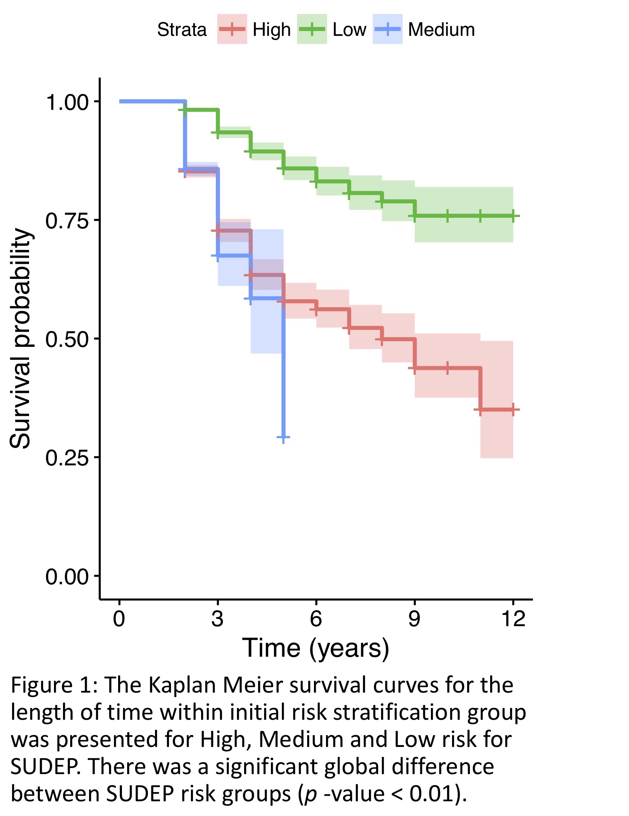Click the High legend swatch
[x=232, y=29]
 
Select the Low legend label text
[x=349, y=29]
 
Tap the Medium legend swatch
[x=388, y=29]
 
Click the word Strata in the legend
[x=182, y=29]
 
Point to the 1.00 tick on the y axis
[x=67, y=102]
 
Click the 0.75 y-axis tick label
[x=67, y=220]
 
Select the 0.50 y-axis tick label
[x=67, y=339]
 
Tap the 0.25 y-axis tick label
[x=67, y=457]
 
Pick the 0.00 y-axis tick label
[x=67, y=576]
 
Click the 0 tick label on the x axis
[x=119, y=618]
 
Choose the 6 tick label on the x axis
[x=316, y=618]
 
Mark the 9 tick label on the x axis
[x=414, y=618]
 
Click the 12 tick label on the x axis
[x=513, y=618]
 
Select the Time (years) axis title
[x=315, y=648]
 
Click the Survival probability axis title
[x=21, y=338]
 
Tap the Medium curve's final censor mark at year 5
[x=283, y=437]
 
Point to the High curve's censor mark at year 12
[x=513, y=410]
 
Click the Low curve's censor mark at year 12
[x=513, y=216]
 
